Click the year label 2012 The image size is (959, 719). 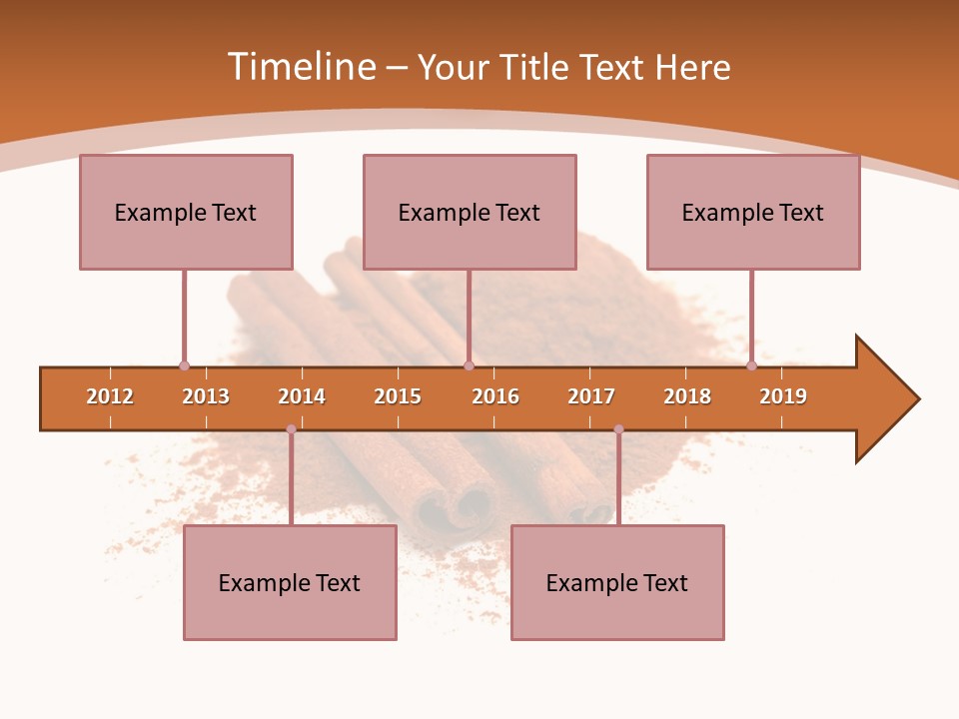click(110, 396)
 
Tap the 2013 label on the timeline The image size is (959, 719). click(206, 396)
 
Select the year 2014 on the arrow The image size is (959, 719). click(302, 396)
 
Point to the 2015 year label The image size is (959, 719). click(398, 396)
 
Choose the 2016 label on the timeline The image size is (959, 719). click(495, 396)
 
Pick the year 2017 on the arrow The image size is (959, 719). click(591, 396)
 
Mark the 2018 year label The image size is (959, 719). click(687, 396)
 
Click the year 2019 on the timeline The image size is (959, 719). click(783, 396)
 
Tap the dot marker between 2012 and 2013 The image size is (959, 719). click(184, 365)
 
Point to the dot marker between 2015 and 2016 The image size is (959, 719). click(469, 365)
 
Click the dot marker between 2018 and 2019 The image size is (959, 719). click(751, 365)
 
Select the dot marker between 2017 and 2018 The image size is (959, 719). click(618, 429)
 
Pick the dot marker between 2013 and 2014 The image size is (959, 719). click(291, 429)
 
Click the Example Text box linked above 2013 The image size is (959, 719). click(186, 212)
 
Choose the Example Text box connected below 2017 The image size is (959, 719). click(617, 582)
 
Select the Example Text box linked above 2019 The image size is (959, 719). click(753, 212)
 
